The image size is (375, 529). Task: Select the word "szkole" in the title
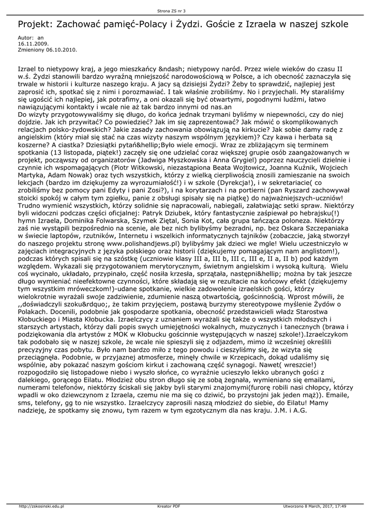331,24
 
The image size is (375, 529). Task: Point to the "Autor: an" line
31,38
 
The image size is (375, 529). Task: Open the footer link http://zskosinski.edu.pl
41,507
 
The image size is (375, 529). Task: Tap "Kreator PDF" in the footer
169,507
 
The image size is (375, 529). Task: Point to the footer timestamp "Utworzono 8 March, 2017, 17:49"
314,507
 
